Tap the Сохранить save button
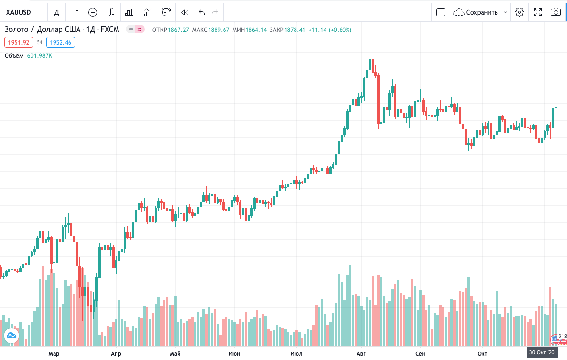tap(482, 12)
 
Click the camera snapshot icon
tap(556, 12)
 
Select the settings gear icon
tap(519, 12)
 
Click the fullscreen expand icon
tap(538, 12)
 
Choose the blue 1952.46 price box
tap(61, 42)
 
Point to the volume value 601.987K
tap(40, 56)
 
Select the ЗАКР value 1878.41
tap(295, 30)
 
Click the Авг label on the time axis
tap(361, 353)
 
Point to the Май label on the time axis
tap(175, 353)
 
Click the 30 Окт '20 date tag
tap(542, 352)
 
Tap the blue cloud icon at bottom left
tap(11, 336)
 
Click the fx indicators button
tap(111, 12)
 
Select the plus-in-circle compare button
tap(93, 12)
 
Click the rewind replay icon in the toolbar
tap(185, 12)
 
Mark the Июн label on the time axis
tap(234, 353)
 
